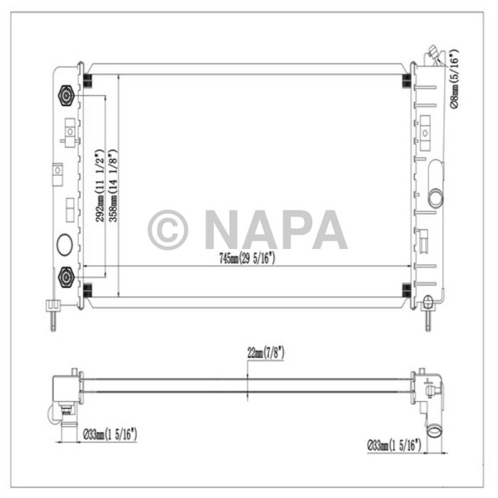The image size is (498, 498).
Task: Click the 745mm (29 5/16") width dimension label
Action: (248, 260)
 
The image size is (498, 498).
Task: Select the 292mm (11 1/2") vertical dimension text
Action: (101, 185)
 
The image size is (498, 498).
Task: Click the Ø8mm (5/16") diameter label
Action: (455, 78)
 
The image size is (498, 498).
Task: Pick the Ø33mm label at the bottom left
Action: (110, 433)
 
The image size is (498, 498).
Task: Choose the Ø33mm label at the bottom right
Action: (394, 446)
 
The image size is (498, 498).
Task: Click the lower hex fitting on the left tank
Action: (66, 277)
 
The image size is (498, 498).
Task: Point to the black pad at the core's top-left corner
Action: (87, 80)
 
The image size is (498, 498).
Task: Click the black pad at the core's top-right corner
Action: (406, 80)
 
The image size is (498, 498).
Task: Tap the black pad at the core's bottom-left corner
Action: (87, 289)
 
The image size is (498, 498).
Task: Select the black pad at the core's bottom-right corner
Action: (406, 289)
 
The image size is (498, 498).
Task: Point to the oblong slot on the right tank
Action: (435, 184)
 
